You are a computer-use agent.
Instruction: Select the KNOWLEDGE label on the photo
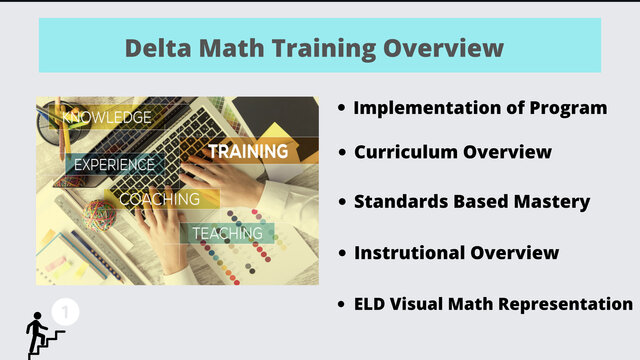107,118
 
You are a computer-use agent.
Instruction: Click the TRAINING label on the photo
248,151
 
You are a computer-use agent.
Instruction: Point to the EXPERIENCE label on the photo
114,165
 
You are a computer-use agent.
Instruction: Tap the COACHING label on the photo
159,199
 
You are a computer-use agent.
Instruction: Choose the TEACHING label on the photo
227,233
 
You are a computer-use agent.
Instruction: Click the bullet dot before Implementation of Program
342,108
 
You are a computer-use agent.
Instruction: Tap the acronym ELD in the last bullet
373,303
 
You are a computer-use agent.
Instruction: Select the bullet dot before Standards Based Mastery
342,202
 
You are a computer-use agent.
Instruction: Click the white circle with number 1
65,312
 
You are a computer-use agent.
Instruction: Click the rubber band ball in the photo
99,213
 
